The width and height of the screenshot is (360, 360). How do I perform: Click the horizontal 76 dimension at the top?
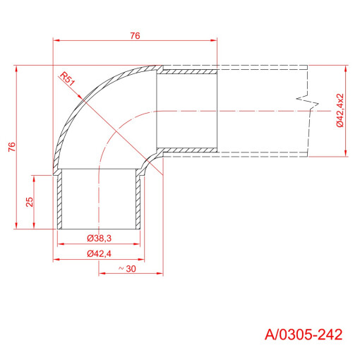135,36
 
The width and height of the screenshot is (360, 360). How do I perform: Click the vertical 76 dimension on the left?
12,147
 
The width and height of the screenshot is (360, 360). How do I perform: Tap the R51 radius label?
67,79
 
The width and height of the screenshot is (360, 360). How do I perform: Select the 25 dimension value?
30,202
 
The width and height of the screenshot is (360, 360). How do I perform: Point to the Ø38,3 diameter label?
99,239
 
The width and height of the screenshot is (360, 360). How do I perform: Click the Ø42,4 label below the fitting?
99,253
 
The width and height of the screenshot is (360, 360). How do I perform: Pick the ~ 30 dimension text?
127,269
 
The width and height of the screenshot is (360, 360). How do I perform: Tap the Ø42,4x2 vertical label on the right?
340,110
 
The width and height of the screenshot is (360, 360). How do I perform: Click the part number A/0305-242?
304,335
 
